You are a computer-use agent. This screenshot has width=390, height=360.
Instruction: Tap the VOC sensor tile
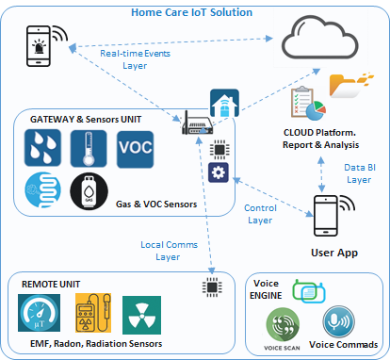[136, 149]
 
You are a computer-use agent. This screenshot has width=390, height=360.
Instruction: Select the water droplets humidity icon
[42, 148]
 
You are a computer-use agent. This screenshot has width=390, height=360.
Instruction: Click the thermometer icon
[89, 149]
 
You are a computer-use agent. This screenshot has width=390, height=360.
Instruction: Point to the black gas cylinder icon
[89, 191]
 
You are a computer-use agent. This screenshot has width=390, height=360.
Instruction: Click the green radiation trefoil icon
[141, 315]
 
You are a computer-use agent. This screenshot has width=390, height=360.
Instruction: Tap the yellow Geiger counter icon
[93, 313]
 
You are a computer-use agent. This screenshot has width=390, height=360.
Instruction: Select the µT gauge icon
[39, 313]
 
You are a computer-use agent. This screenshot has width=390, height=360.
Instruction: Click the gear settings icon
[219, 172]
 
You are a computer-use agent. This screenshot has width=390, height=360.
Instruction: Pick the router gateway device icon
[197, 124]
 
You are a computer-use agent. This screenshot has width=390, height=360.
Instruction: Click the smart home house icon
[224, 103]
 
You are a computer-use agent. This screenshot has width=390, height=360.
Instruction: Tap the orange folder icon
[351, 86]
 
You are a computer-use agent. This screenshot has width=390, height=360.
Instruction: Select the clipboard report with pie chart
[308, 104]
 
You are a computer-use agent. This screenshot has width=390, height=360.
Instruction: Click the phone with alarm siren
[46, 46]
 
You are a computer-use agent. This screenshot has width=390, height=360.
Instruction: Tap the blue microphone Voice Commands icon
[339, 322]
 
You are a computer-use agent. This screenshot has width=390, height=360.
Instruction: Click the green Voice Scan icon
[283, 324]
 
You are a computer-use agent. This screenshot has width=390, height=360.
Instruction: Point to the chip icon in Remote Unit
[212, 287]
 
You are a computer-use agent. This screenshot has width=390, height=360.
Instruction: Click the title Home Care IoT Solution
[191, 12]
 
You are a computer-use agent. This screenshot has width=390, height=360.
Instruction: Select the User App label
[334, 253]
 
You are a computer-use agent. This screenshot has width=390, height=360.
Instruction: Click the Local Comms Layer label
[169, 251]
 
